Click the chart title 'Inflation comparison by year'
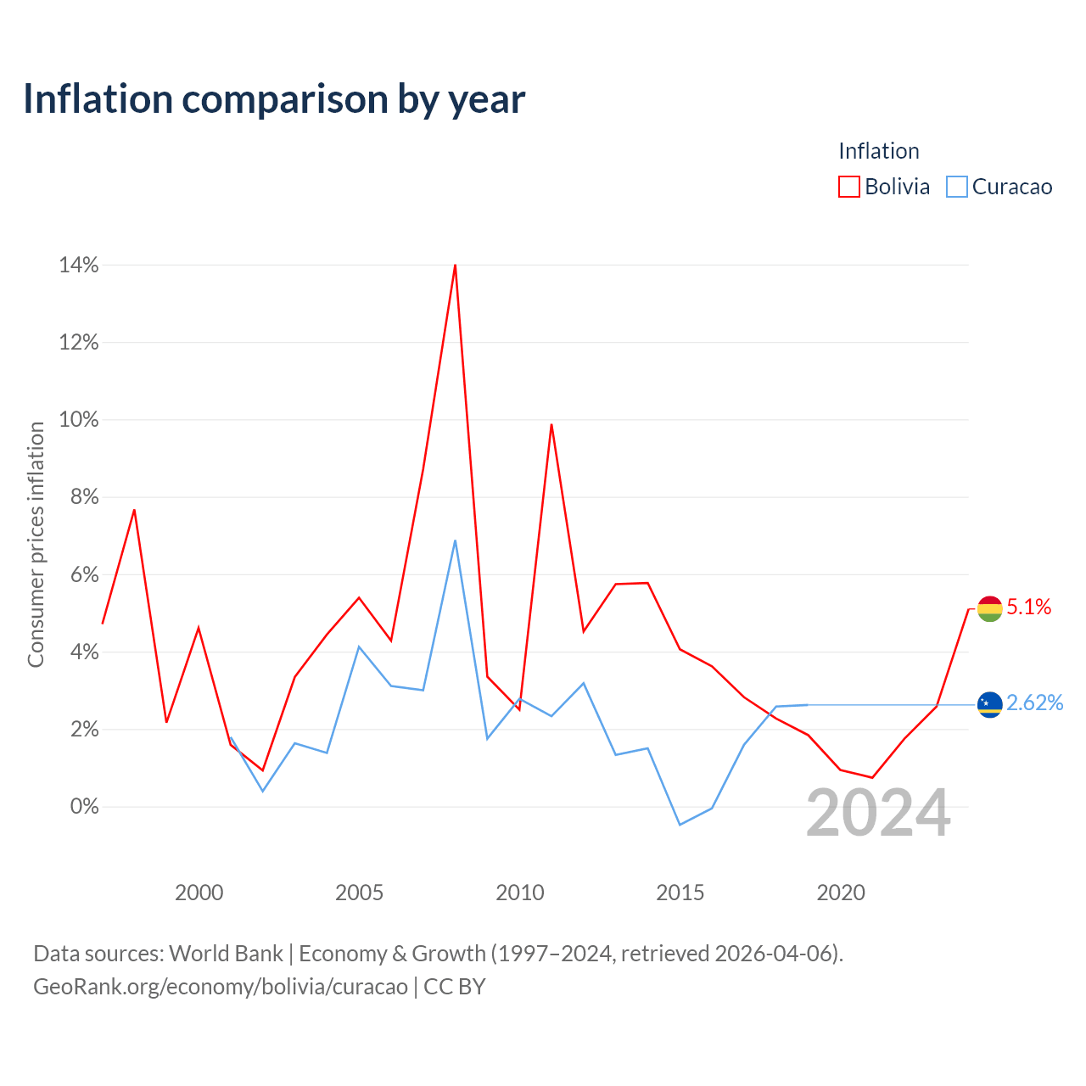click(x=274, y=99)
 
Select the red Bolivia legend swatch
click(x=848, y=187)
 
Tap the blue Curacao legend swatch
click(x=956, y=187)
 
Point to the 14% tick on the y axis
click(x=78, y=265)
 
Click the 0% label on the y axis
click(x=84, y=807)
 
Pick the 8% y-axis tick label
click(x=84, y=497)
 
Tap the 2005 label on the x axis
click(x=359, y=893)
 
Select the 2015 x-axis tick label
click(x=680, y=893)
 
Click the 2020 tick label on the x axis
click(x=840, y=893)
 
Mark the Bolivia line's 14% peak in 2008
click(x=455, y=265)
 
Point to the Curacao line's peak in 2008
click(x=455, y=541)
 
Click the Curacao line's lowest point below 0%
click(x=680, y=825)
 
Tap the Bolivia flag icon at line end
click(x=989, y=608)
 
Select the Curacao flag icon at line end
click(x=989, y=704)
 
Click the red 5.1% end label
click(x=1028, y=607)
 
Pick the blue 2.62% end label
click(x=1035, y=703)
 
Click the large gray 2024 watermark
click(x=878, y=814)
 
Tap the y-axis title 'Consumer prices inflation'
click(x=36, y=545)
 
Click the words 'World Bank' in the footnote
click(x=226, y=954)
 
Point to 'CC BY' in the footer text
click(x=454, y=987)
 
